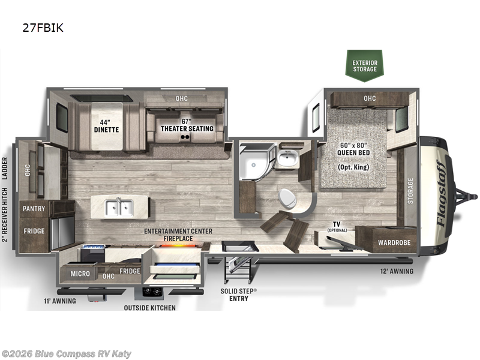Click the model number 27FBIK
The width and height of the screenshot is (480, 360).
tap(43, 28)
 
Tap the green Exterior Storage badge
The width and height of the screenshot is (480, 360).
tap(365, 65)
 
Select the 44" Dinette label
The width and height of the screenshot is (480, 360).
tap(106, 126)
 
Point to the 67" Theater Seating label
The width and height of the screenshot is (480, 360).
tap(187, 125)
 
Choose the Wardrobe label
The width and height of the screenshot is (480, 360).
tap(394, 243)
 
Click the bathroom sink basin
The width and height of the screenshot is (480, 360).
tap(287, 158)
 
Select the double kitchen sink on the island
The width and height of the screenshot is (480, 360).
tap(119, 208)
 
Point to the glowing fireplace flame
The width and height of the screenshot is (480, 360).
tap(178, 245)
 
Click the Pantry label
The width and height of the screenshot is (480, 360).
tap(34, 208)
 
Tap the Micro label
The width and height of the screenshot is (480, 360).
tap(80, 274)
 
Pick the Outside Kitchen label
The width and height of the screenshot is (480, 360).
tap(149, 308)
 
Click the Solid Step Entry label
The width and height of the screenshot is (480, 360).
tap(239, 295)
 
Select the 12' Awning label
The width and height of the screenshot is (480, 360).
tap(397, 271)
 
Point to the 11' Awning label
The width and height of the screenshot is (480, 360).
tap(60, 301)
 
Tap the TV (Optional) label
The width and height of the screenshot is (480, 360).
tap(337, 227)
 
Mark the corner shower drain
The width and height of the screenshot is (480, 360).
tap(253, 165)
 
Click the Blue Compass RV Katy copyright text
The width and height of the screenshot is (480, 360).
tap(66, 354)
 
